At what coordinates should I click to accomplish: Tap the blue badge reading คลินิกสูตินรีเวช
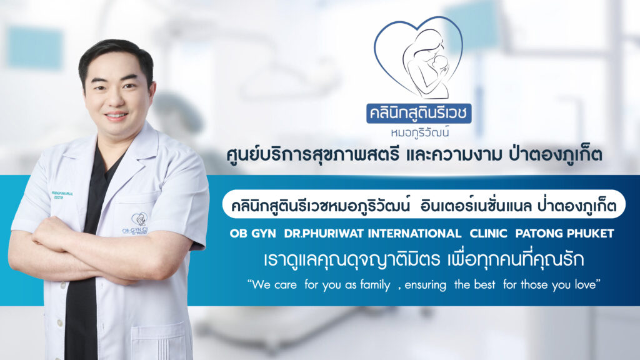419,113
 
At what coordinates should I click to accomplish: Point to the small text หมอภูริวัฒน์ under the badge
419,132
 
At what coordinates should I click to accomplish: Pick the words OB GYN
252,234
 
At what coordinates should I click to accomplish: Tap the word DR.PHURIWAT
324,234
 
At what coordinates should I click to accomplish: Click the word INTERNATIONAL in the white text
415,234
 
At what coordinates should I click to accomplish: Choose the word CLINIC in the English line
488,234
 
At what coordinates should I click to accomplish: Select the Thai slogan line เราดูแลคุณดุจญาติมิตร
351,259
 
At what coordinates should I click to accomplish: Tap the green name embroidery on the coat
62,195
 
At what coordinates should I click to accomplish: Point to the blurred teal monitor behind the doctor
35,47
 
